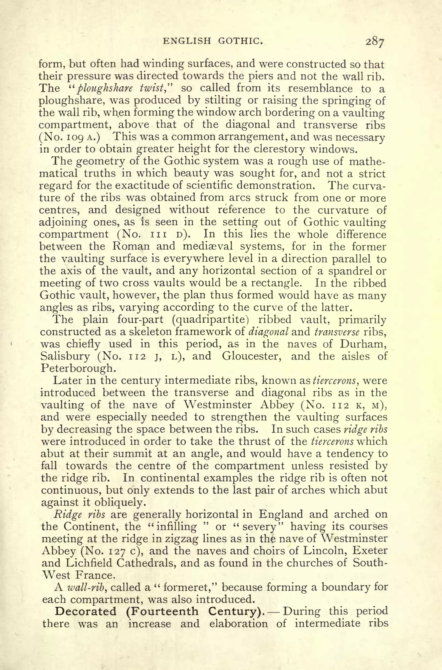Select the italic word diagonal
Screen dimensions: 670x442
(268, 332)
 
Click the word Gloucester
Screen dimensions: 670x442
(252, 356)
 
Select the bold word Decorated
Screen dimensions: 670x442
(86, 612)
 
